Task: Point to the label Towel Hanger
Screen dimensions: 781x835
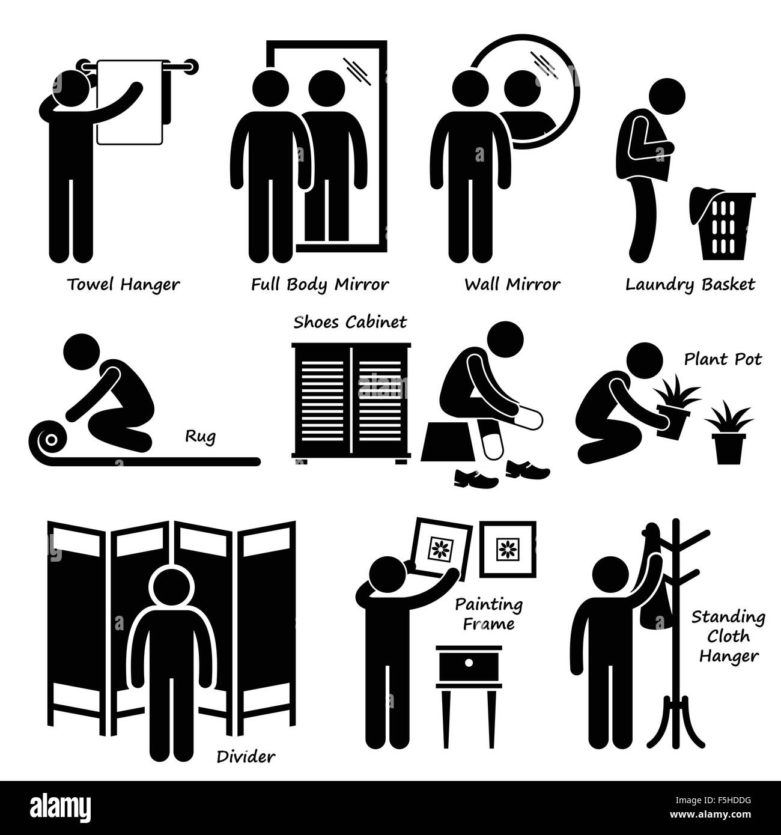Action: [x=123, y=285]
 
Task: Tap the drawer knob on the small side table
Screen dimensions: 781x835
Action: [x=469, y=663]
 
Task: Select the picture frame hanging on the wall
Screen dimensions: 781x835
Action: [x=508, y=549]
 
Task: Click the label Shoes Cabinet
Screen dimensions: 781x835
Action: [x=350, y=323]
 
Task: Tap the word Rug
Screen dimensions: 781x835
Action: [x=200, y=437]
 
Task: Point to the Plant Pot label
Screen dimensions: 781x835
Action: [x=723, y=359]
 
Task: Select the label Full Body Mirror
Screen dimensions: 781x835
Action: [x=320, y=285]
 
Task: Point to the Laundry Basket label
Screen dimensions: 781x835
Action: [x=690, y=285]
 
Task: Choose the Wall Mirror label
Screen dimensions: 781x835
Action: [x=512, y=285]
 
